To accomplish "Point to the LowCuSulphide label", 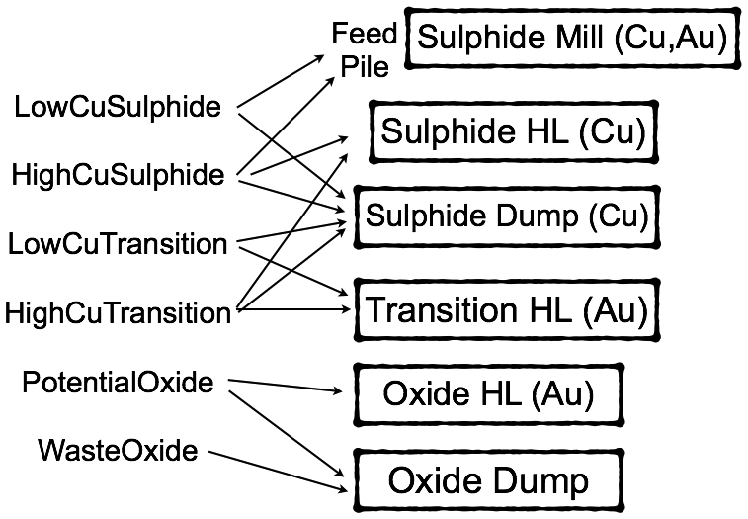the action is [118, 107].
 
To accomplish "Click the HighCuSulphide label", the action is [118, 174].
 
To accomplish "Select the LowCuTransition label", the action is [118, 244].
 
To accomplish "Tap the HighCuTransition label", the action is [118, 313].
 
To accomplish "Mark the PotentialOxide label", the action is [118, 383].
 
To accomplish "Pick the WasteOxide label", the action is [118, 450].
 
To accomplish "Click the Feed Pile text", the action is [365, 49].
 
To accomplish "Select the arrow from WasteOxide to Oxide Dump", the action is [278, 471].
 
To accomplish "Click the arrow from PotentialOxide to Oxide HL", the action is [286, 386].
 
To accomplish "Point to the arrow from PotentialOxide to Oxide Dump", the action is [287, 434].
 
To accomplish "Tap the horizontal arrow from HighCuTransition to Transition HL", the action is [293, 309].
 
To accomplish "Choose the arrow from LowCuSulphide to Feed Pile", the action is [281, 82].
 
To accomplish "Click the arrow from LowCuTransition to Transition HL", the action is [292, 271].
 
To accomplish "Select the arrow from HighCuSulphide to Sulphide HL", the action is [298, 156].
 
